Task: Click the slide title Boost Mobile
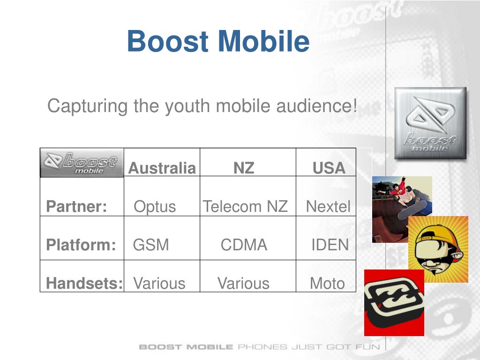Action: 218,41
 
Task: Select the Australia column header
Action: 162,168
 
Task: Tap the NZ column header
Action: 244,168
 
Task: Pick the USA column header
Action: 329,168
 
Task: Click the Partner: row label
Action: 76,206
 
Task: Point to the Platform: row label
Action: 81,245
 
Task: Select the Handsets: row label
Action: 84,283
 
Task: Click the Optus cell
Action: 155,206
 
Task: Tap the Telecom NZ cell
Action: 245,206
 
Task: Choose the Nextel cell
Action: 328,206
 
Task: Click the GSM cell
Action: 151,245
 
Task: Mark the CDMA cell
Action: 244,245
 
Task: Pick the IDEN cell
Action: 330,245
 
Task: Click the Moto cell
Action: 327,283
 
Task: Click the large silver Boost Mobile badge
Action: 430,123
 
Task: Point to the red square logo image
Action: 394,303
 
